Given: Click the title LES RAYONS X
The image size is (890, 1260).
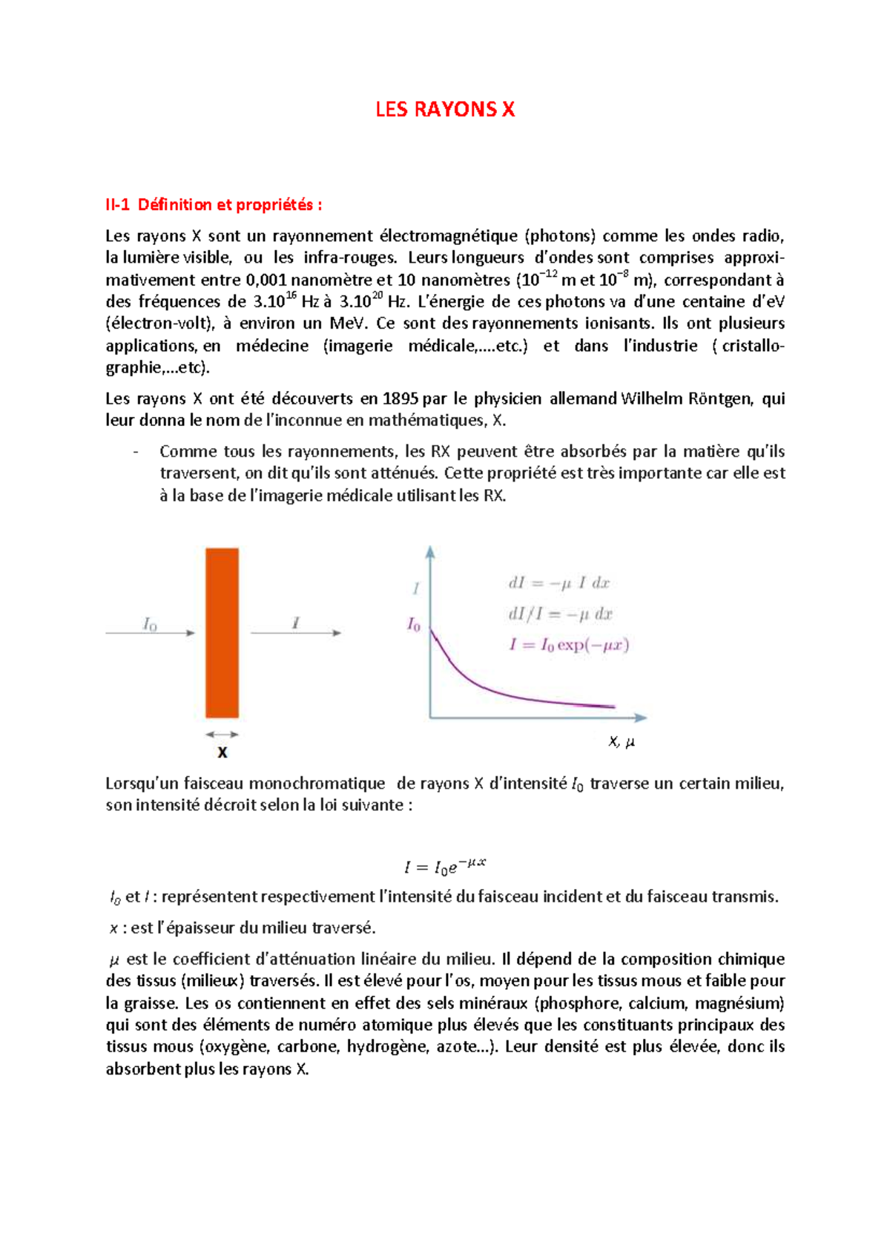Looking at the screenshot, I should point(444,110).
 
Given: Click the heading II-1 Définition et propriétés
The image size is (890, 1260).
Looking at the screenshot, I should point(214,205).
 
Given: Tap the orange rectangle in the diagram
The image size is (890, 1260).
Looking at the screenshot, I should point(222,632).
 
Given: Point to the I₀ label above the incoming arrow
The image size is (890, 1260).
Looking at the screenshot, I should point(150,624).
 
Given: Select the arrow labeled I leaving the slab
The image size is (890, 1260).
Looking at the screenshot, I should point(296,633).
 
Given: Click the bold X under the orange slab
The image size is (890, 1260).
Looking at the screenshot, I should point(222,752).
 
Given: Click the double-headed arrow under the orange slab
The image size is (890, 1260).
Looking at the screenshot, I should point(222,735).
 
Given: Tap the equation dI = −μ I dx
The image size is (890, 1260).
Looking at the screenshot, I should point(558,583).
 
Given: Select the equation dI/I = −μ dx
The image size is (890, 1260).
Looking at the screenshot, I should point(560,614).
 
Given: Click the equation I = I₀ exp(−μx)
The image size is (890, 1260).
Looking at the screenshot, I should point(569,645).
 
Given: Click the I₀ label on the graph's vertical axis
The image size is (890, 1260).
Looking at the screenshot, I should point(413,625).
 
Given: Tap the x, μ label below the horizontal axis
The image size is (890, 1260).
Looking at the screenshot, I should point(622,741).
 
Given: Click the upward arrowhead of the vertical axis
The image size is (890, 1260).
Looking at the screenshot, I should point(430,552).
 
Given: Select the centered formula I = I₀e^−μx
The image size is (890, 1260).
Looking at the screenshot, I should point(445,866).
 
